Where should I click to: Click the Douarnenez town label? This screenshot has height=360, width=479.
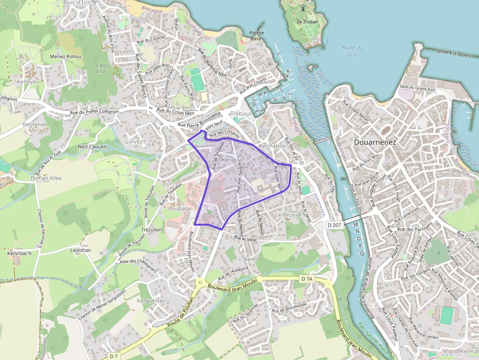click(374, 142)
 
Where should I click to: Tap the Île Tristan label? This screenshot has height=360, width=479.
click(307, 22)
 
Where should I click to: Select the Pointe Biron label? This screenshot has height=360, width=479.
click(257, 35)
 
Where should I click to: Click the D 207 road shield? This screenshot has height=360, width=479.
click(334, 224)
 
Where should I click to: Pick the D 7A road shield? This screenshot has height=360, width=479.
click(306, 278)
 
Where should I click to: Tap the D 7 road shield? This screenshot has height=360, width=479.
click(113, 356)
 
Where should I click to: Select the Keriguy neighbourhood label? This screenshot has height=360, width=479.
click(231, 160)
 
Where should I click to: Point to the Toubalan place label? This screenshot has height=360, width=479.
click(180, 208)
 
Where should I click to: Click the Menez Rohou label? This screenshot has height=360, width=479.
click(66, 57)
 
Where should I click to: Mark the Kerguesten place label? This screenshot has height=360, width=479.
click(152, 300)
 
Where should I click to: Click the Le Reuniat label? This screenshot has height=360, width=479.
click(289, 215)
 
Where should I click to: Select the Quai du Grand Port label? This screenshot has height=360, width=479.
click(417, 88)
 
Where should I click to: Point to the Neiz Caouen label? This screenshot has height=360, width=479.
click(92, 146)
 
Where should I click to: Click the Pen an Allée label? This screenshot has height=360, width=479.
click(46, 178)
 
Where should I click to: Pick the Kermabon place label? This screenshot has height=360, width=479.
click(273, 146)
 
